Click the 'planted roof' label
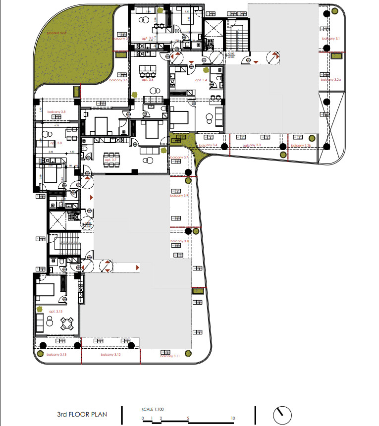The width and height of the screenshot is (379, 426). (x=56, y=33)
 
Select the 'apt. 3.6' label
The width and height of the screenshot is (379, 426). (x=148, y=79)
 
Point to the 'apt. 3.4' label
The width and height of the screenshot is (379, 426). (x=201, y=80)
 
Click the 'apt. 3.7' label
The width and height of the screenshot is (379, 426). (x=110, y=160)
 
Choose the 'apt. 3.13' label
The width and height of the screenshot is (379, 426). (x=56, y=311)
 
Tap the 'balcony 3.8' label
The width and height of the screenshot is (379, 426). (x=56, y=112)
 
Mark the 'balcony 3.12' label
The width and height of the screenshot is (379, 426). (x=110, y=355)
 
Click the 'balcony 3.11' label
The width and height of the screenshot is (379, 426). (x=169, y=356)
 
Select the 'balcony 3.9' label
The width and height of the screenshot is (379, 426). (x=179, y=196)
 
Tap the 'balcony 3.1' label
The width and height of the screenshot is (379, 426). (x=330, y=38)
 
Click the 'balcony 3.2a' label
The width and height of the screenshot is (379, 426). (x=330, y=79)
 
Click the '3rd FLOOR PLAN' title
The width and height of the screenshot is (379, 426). (x=82, y=414)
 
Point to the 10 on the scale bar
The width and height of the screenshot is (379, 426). (x=233, y=419)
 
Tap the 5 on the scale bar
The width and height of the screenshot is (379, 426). (x=188, y=419)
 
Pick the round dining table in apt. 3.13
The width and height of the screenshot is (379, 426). (x=67, y=324)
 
